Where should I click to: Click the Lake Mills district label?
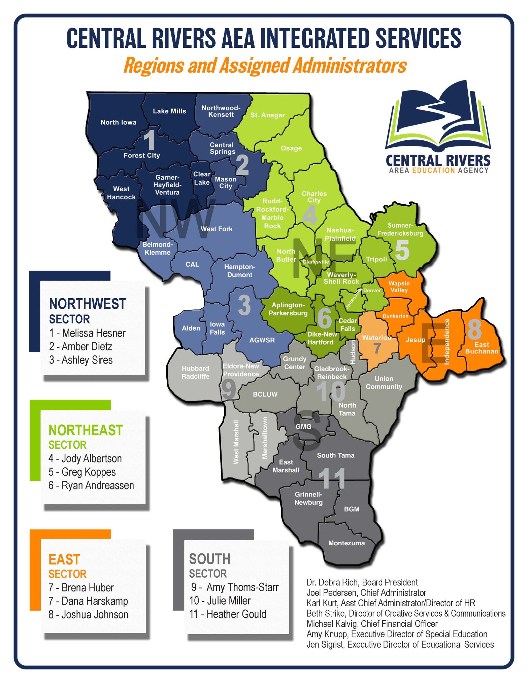[169, 111]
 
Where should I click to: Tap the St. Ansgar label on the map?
[267, 115]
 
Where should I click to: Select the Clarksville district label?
[316, 262]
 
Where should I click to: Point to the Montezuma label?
[346, 543]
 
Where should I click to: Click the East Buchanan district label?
[482, 348]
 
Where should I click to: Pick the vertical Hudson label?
[353, 352]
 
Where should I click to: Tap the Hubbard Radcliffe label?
[195, 372]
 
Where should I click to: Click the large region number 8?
[474, 329]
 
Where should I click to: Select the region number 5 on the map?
[402, 250]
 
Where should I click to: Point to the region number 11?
[332, 479]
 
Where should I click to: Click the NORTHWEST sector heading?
[87, 304]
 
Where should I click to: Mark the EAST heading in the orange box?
[64, 559]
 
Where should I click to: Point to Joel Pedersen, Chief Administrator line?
[366, 592]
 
